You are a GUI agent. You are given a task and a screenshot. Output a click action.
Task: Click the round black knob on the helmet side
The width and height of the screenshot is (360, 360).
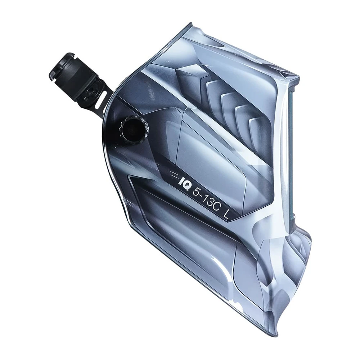click(x=130, y=127)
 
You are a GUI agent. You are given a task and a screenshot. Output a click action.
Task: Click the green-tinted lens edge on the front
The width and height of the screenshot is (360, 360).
click(x=292, y=151)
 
